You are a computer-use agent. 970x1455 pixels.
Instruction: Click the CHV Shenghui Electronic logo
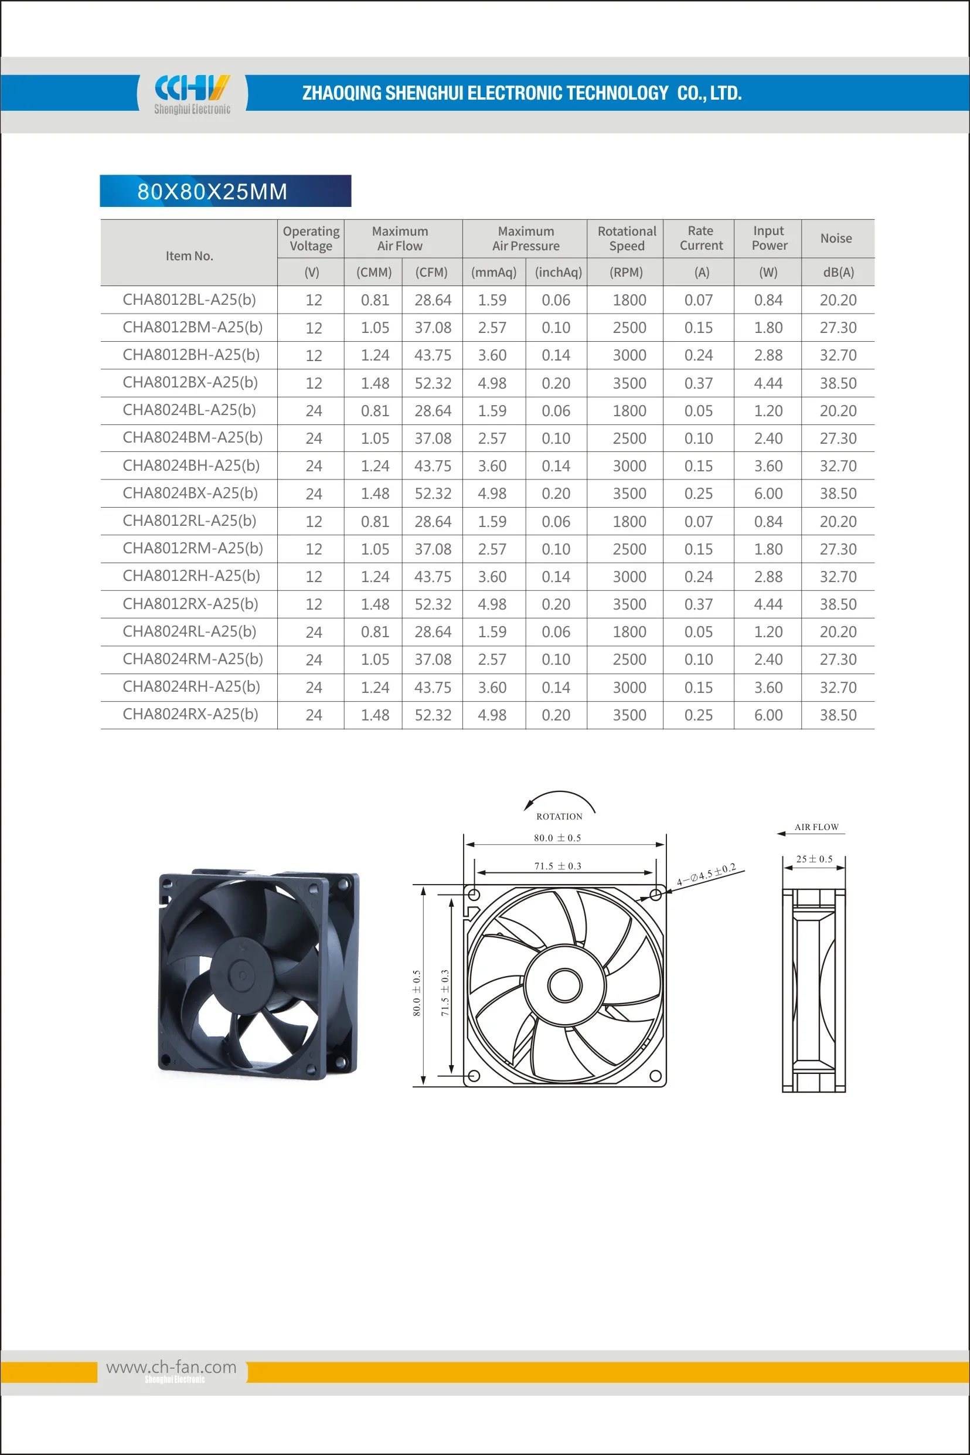click(192, 94)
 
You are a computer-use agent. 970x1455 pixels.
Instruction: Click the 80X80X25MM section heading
click(212, 192)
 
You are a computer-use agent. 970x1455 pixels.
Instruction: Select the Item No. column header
click(189, 256)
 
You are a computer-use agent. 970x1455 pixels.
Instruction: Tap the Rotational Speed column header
click(627, 238)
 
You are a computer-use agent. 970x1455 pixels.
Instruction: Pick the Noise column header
click(836, 238)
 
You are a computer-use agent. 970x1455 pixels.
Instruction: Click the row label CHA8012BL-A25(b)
click(189, 300)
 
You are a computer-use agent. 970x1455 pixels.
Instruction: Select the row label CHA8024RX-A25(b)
click(190, 715)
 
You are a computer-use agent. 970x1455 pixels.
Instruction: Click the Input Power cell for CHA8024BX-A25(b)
click(768, 494)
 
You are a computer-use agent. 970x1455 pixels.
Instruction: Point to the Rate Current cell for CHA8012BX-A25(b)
click(699, 383)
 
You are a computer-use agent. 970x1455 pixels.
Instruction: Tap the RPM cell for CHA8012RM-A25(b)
click(629, 549)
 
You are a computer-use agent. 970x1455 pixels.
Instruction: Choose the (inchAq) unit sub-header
click(558, 272)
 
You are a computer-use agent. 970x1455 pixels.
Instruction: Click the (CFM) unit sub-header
click(431, 272)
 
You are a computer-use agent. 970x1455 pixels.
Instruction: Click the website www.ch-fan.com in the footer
click(171, 1366)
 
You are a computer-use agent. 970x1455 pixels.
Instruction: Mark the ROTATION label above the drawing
click(559, 817)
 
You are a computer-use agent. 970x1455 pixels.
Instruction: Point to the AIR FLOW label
click(816, 827)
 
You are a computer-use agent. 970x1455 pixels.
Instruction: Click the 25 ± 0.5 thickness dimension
click(814, 859)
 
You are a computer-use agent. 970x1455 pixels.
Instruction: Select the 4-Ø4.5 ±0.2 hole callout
click(706, 875)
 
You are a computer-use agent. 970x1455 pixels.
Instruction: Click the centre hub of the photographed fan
click(243, 975)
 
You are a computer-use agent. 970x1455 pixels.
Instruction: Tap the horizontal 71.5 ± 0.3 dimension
click(558, 866)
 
